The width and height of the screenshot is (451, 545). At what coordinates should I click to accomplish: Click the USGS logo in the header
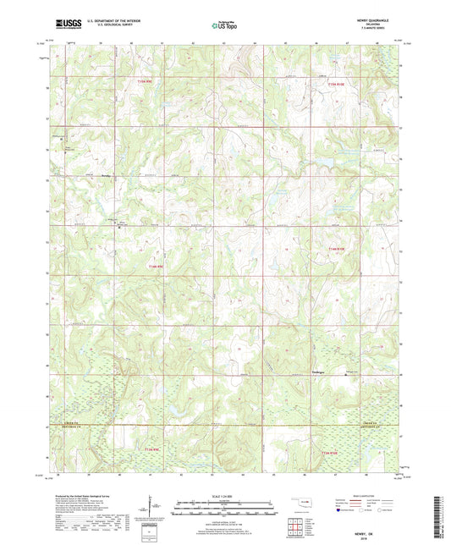coord(65,25)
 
